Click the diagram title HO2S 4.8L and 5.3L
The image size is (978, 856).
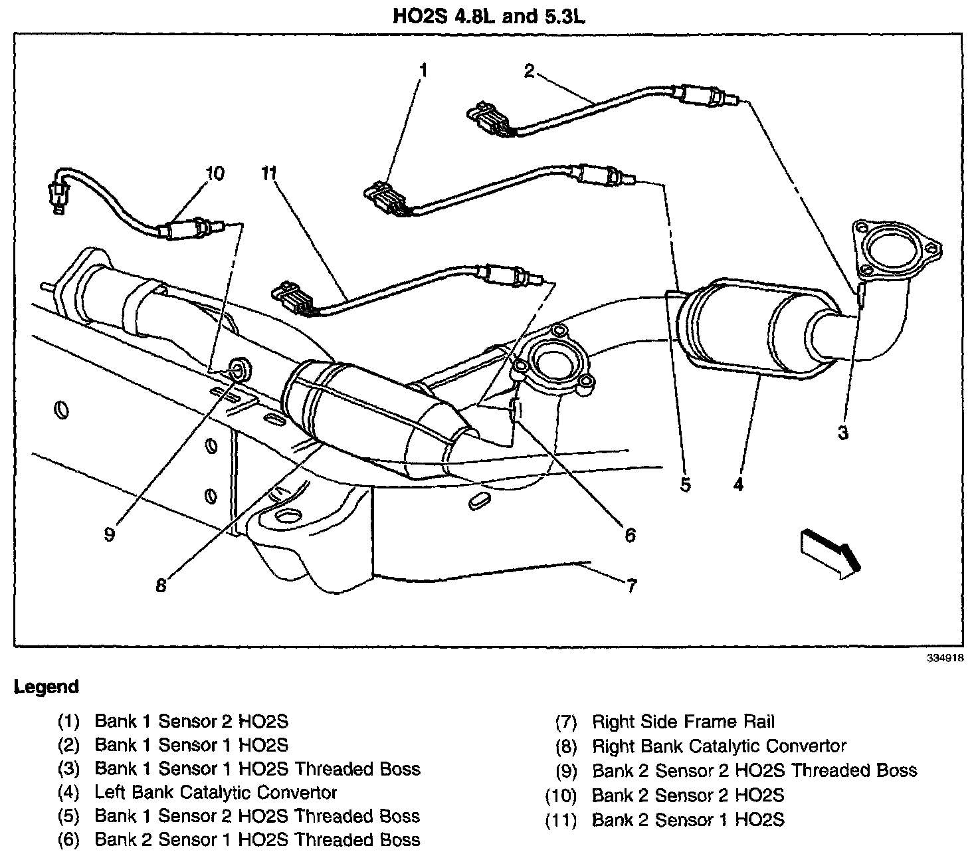[x=489, y=16]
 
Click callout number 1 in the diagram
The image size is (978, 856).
[x=423, y=70]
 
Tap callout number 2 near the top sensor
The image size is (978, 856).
[x=529, y=70]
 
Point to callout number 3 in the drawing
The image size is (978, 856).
[x=842, y=433]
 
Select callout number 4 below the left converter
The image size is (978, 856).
[x=739, y=484]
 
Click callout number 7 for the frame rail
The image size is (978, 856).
[x=631, y=586]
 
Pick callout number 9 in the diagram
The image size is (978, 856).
[x=110, y=534]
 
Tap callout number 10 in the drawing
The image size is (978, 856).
[x=215, y=174]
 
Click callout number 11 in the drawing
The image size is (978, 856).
[x=268, y=174]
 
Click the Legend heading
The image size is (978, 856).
[x=46, y=687]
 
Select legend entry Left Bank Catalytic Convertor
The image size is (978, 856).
[x=216, y=792]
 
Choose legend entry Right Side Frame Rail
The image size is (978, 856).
[x=683, y=722]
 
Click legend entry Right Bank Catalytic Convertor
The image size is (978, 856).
[x=719, y=746]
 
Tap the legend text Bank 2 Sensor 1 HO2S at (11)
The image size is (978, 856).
[x=688, y=819]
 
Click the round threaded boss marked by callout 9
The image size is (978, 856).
[x=239, y=368]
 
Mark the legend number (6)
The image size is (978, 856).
[x=68, y=840]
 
